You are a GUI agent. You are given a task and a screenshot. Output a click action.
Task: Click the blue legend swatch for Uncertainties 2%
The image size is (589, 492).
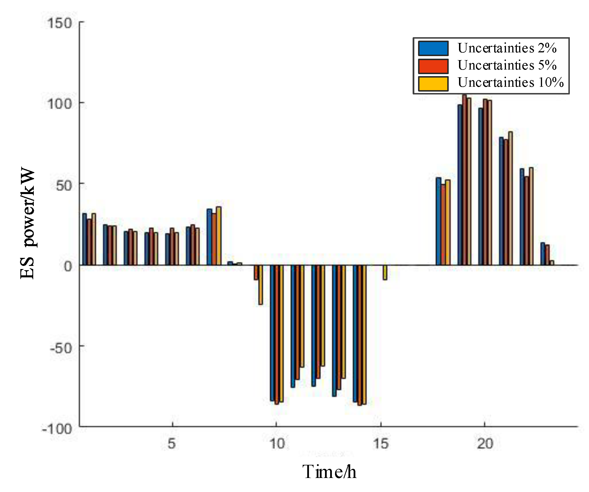[433, 48]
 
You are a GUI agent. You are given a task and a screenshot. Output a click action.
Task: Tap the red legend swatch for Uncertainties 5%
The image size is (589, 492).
[433, 66]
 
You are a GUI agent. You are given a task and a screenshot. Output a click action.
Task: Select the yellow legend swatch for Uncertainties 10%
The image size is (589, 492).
[433, 83]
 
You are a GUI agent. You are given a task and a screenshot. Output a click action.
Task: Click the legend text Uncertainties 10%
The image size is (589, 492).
[510, 83]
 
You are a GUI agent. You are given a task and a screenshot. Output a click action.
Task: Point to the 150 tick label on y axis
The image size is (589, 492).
[59, 23]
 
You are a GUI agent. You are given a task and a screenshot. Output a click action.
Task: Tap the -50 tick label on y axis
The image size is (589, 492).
[61, 348]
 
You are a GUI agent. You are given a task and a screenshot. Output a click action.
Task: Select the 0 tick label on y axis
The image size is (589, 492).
[68, 266]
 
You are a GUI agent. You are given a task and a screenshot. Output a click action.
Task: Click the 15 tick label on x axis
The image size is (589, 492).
[381, 444]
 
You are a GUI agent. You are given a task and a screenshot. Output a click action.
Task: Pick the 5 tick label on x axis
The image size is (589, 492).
[172, 444]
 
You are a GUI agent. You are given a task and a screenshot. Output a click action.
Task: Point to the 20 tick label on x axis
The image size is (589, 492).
[485, 444]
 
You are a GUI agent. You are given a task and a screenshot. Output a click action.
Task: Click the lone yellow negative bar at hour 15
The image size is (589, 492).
[385, 272]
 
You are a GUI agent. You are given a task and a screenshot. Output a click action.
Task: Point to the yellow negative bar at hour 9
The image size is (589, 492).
[260, 284]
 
